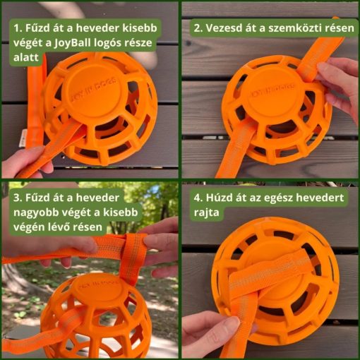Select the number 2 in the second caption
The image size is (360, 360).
tap(198, 28)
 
